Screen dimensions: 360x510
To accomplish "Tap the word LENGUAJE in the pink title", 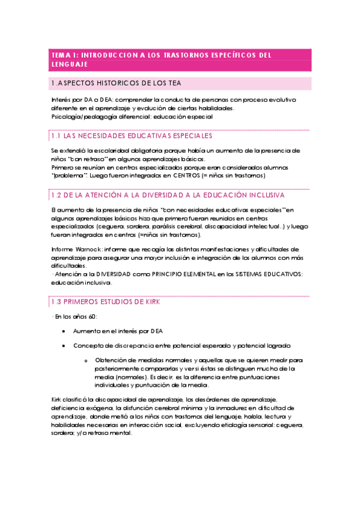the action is (x=69, y=64).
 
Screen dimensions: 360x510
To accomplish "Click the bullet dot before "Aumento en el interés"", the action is (x=64, y=331).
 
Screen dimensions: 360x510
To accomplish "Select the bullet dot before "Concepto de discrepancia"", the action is (x=64, y=346).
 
